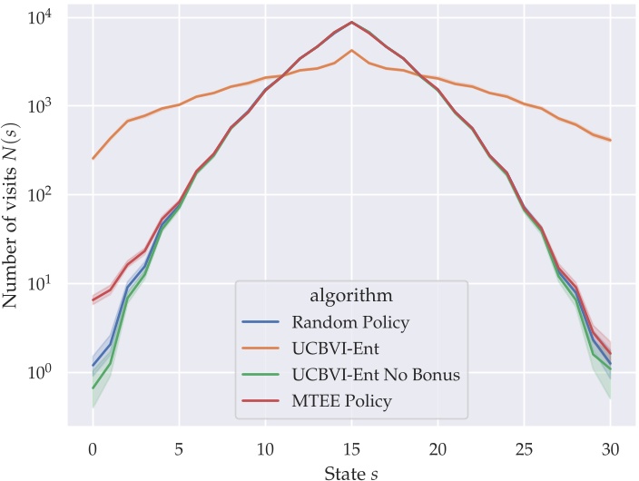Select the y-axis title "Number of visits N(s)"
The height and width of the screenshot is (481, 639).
14,217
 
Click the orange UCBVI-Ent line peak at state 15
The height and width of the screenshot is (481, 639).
351,50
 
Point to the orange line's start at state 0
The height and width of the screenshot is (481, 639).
93,158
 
